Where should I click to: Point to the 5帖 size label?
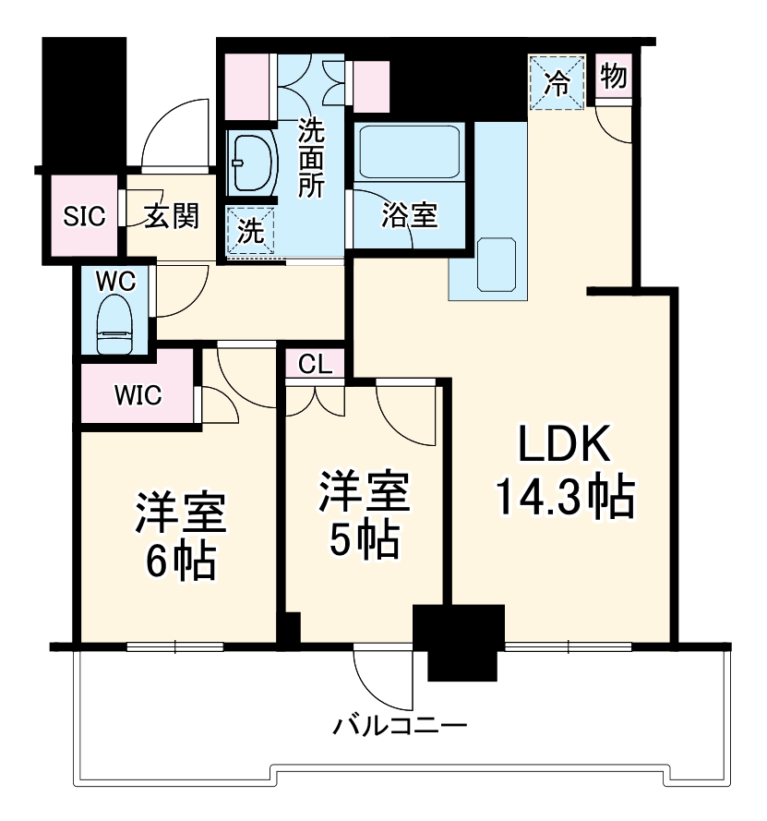click(x=364, y=537)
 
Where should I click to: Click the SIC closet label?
click(x=84, y=216)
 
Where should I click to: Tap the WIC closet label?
click(x=138, y=394)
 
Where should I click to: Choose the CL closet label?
click(x=315, y=365)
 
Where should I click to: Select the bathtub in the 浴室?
click(x=409, y=151)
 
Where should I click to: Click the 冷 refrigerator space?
click(x=557, y=82)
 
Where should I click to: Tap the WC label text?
click(x=115, y=280)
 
